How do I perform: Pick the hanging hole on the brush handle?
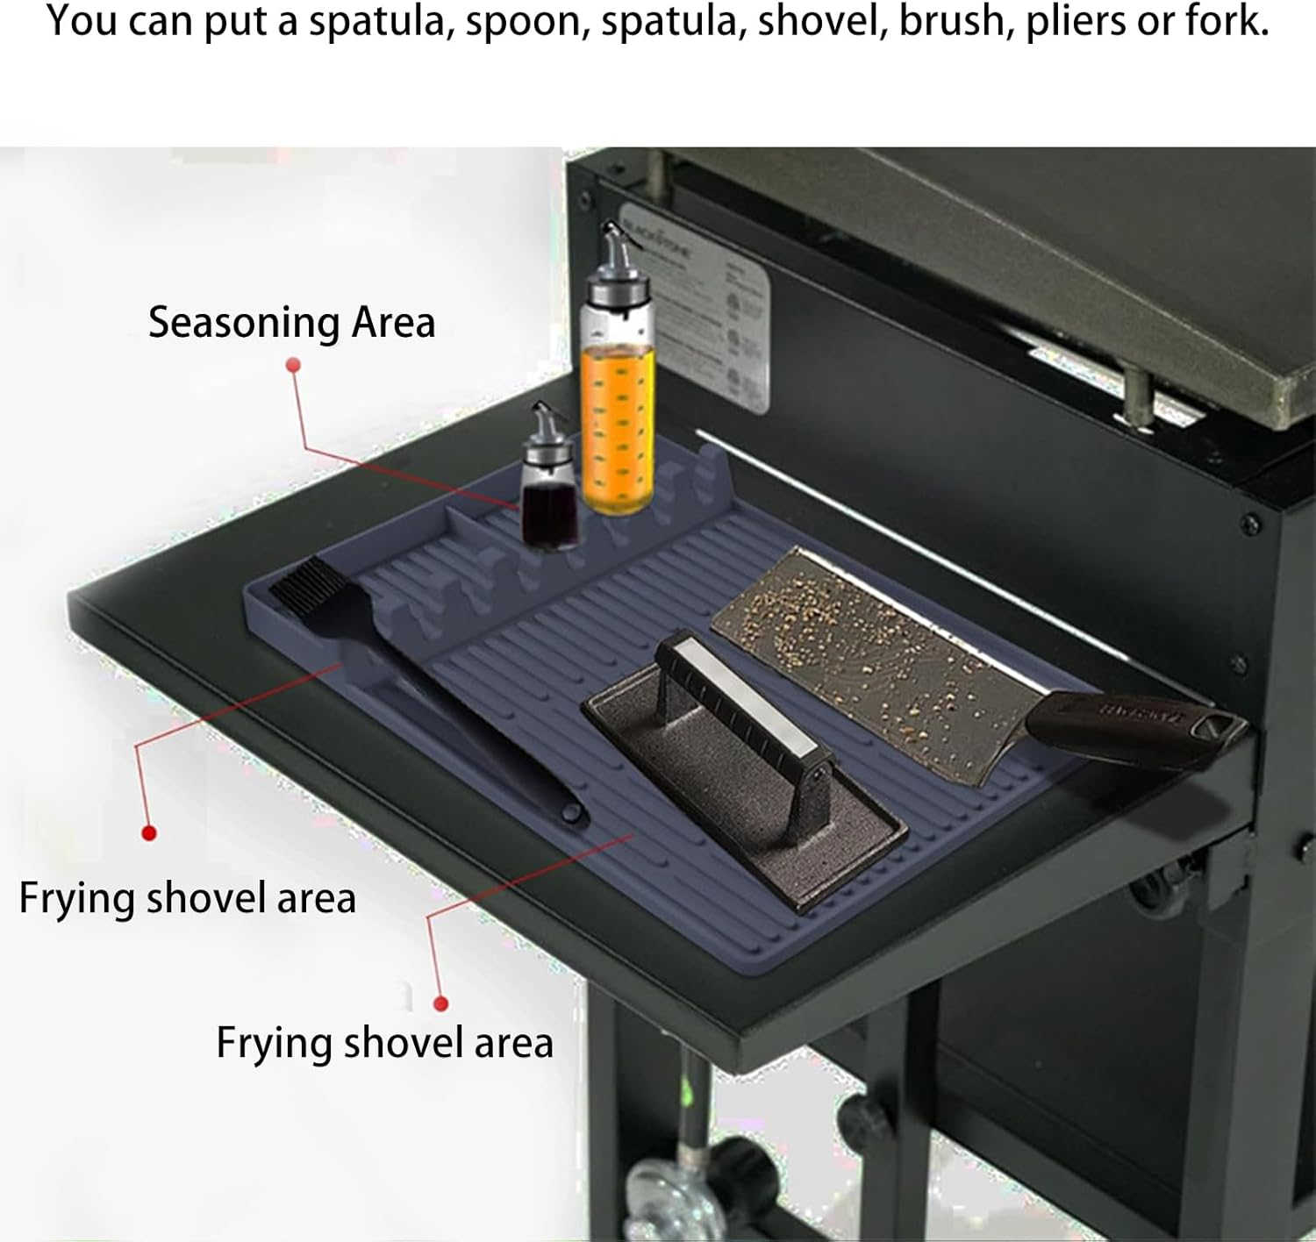point(571,813)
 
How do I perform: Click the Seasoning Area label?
point(291,322)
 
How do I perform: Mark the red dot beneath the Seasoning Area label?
point(293,364)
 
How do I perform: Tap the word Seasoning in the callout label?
point(244,322)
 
